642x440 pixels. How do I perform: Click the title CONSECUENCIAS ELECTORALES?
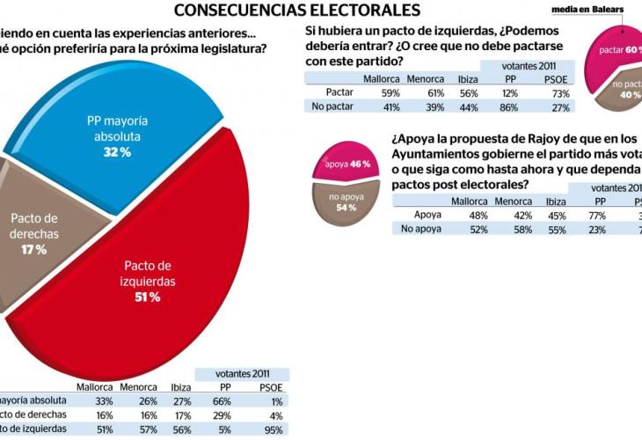point(295,11)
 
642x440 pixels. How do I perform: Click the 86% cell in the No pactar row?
point(510,106)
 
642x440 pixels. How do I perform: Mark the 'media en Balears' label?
point(593,10)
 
